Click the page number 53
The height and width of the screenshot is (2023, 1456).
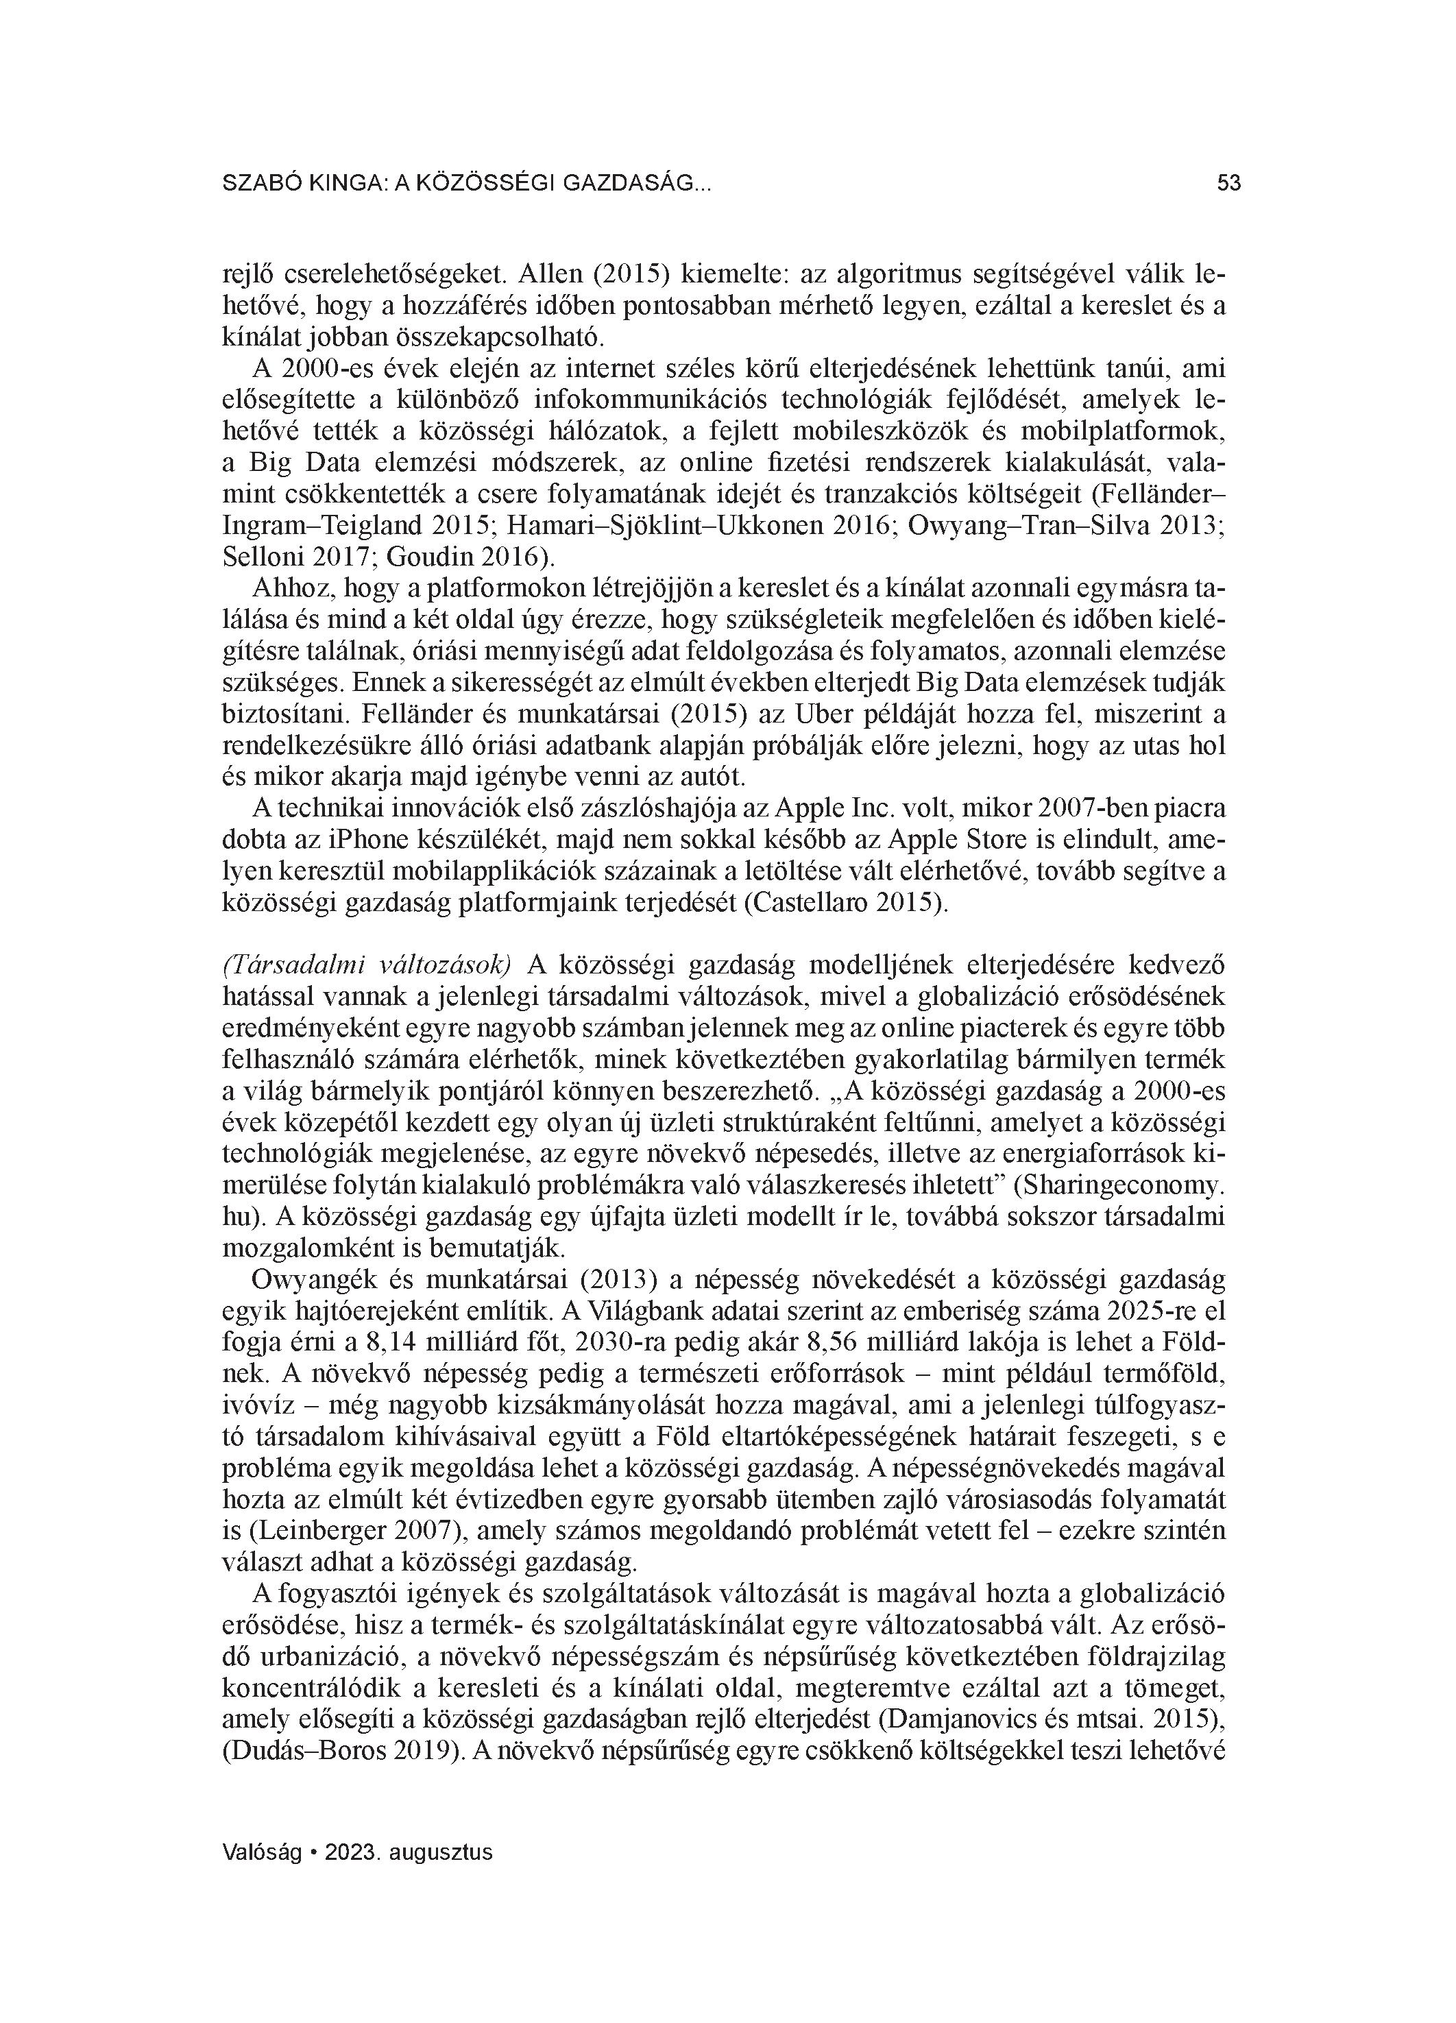point(1228,184)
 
